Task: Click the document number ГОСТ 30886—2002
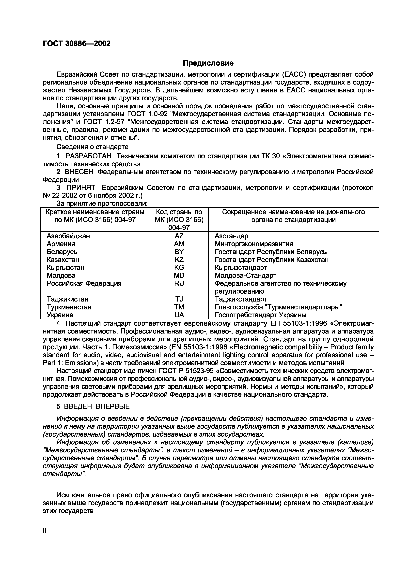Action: click(x=77, y=43)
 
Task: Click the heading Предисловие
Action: click(x=208, y=63)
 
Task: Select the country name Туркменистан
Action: click(x=69, y=307)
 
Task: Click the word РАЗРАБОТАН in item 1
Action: click(x=88, y=156)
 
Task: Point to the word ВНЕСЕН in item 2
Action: click(x=79, y=172)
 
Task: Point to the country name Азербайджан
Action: click(x=68, y=236)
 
